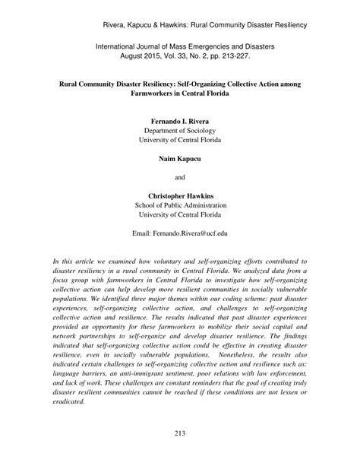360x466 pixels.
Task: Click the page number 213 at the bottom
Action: [x=180, y=454]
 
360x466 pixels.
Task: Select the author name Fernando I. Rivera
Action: [x=180, y=121]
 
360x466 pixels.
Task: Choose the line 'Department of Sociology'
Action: [x=180, y=130]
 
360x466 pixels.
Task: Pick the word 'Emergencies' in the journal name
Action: [x=201, y=46]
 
